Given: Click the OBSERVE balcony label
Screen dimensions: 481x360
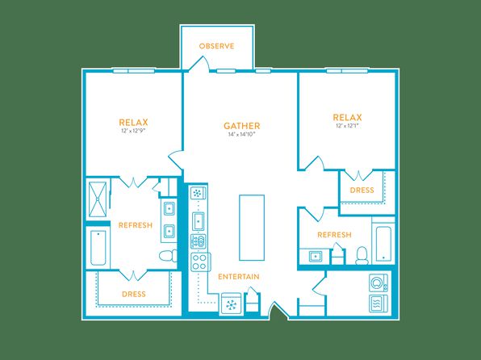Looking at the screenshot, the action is [216, 46].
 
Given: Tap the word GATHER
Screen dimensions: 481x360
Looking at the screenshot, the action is [242, 126].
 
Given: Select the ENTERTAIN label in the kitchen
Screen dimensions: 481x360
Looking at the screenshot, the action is [239, 277].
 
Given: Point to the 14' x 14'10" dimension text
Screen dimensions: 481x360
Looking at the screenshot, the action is [242, 134].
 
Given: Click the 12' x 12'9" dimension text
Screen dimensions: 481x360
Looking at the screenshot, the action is [133, 131].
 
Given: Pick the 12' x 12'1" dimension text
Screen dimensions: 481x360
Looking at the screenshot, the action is [347, 126].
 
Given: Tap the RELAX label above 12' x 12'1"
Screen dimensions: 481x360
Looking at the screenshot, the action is [347, 117].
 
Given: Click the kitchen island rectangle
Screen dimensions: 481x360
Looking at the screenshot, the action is [252, 228].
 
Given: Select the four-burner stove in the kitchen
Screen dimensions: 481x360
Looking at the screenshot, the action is [200, 262].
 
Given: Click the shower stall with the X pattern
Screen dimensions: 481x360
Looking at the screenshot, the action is [98, 199].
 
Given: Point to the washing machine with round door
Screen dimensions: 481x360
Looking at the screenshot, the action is [379, 283].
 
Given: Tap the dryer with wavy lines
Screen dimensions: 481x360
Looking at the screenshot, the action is [379, 303].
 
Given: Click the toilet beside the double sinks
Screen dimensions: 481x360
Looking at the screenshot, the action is [168, 256].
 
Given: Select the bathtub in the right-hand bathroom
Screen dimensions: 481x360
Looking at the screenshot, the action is [383, 244].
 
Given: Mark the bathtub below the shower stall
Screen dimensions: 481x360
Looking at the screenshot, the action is [98, 248].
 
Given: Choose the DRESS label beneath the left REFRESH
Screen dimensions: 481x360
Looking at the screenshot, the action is [134, 294].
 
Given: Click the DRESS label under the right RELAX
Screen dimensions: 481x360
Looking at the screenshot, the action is [362, 190].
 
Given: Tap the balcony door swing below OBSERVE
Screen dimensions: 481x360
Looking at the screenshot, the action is [199, 65].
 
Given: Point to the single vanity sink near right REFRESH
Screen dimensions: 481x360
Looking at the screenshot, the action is [315, 256].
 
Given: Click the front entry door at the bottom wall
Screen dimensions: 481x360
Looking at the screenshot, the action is [278, 311].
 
